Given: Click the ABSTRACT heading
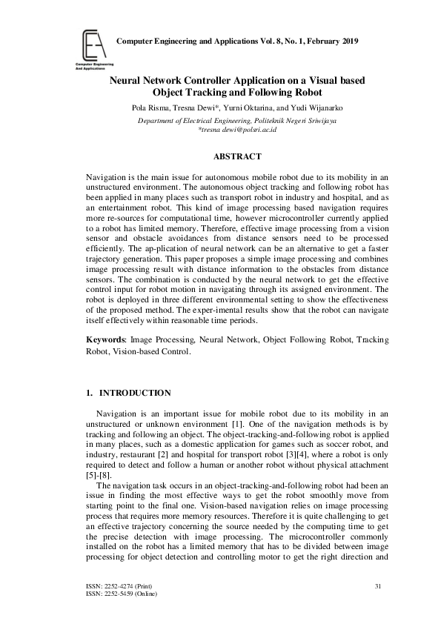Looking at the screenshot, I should click(x=237, y=157).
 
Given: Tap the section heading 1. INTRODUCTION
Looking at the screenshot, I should click(x=129, y=393).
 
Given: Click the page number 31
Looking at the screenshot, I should click(x=378, y=587).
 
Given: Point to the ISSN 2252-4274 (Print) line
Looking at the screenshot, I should click(x=119, y=587).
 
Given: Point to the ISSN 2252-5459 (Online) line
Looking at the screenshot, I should click(x=122, y=594).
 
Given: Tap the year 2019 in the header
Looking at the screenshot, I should click(x=345, y=40).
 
